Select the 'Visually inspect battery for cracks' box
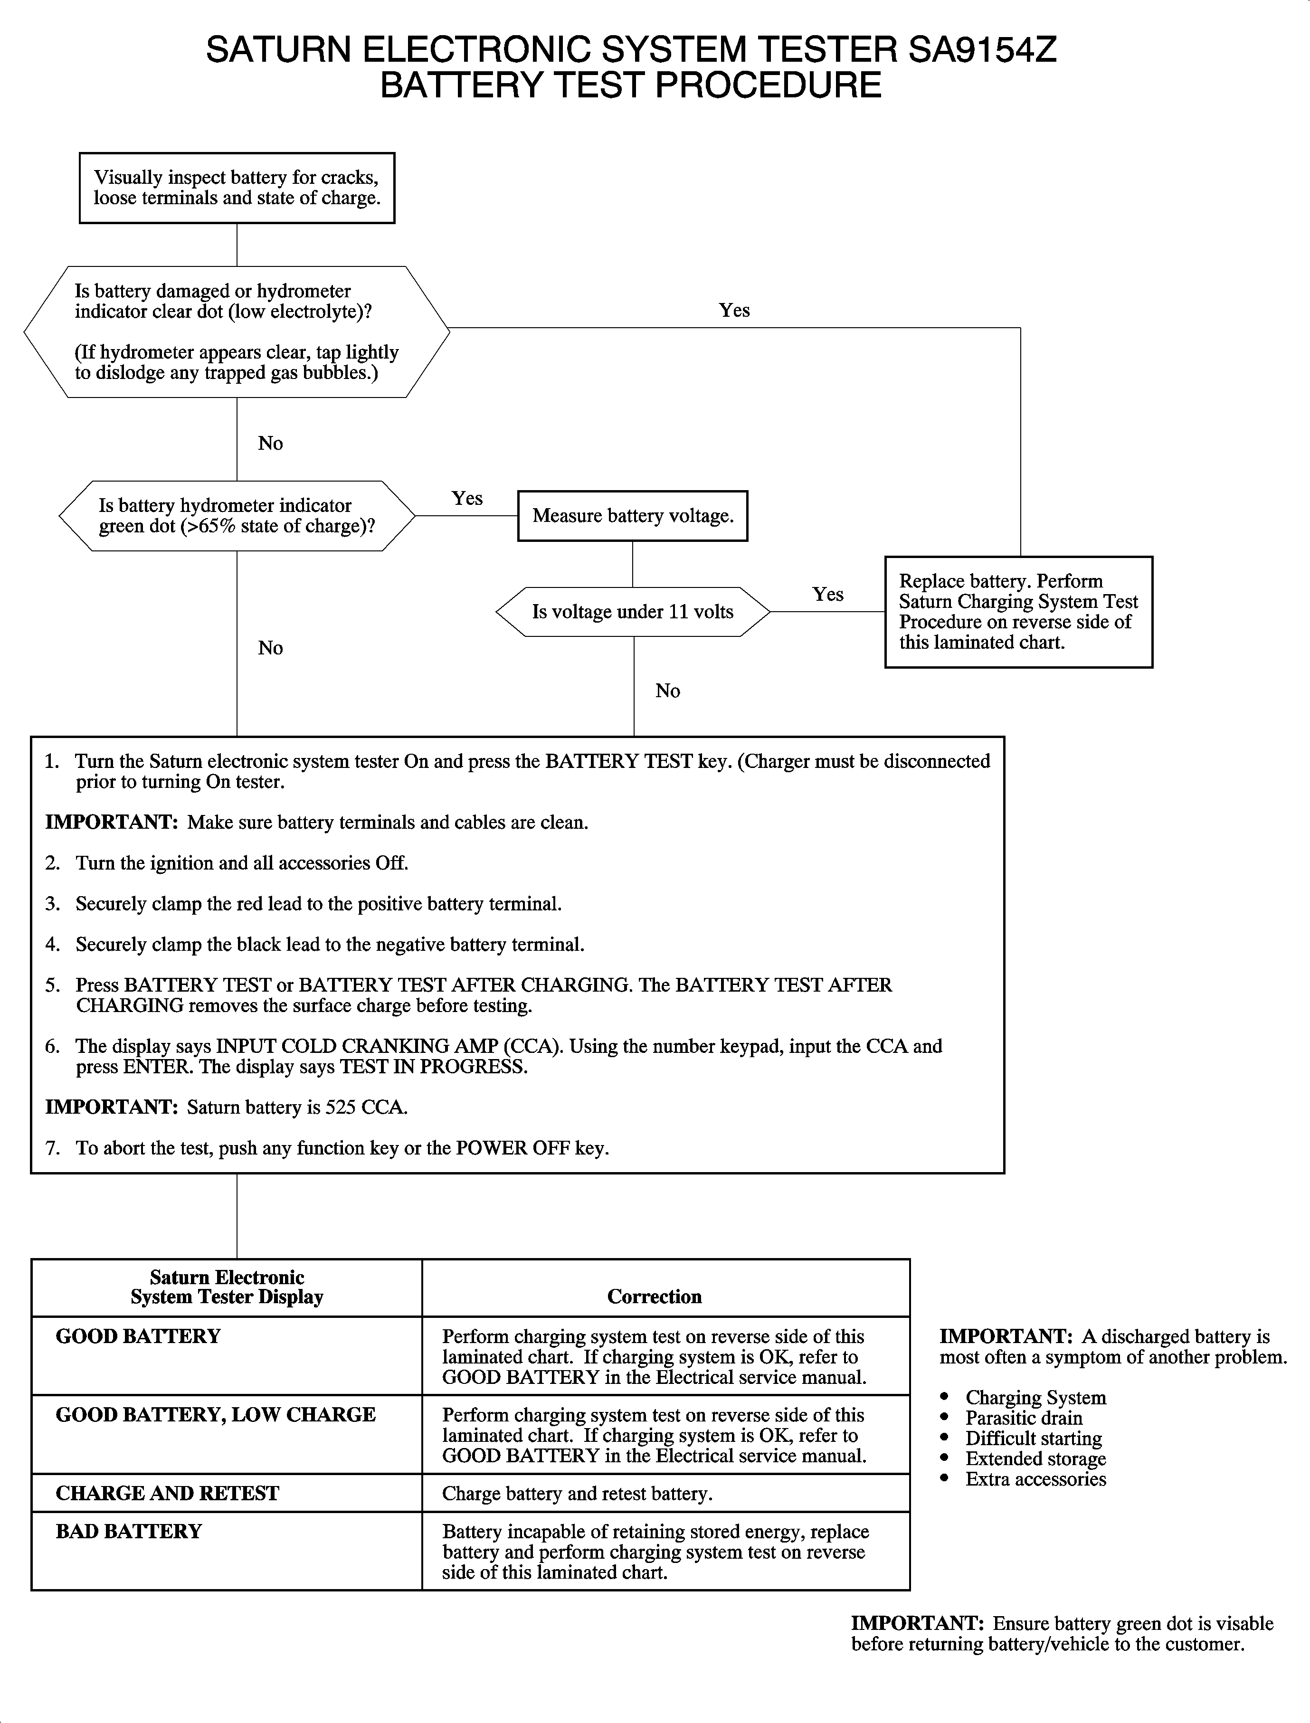(x=237, y=188)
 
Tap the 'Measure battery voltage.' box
(x=632, y=516)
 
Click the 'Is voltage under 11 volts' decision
(x=632, y=612)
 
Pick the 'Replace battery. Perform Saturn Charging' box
(x=1018, y=612)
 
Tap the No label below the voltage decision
(x=667, y=691)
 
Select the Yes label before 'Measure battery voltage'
(x=467, y=498)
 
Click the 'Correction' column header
(x=654, y=1297)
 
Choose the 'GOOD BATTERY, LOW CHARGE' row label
(x=215, y=1415)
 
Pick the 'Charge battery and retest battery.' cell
(x=577, y=1493)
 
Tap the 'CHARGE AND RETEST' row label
(x=167, y=1493)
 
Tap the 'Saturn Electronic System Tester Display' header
(x=227, y=1287)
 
